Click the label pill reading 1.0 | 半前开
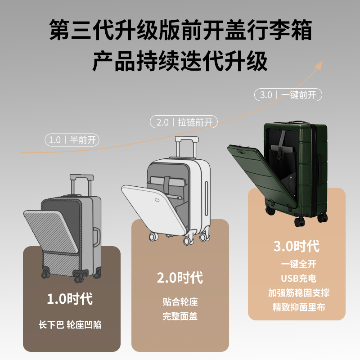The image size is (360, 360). pos(72,140)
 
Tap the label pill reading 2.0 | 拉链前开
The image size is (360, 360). pos(184,121)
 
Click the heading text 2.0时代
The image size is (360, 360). pos(180,277)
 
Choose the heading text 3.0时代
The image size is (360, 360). pos(297,246)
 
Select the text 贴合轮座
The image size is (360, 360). pos(180,301)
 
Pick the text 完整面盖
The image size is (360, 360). pos(180,316)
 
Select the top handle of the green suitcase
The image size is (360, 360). pos(296,121)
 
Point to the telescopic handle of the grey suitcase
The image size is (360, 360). pos(81,184)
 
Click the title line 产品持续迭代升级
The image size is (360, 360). pos(180,62)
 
